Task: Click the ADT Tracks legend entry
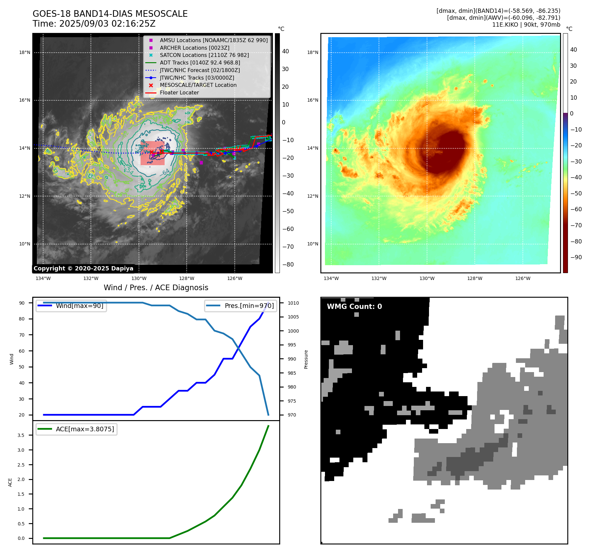pyautogui.click(x=200, y=63)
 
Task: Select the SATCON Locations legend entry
pyautogui.click(x=204, y=55)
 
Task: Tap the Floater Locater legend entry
pyautogui.click(x=179, y=92)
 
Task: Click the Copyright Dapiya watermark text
pyautogui.click(x=83, y=268)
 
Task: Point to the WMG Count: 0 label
pyautogui.click(x=354, y=307)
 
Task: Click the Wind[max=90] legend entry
pyautogui.click(x=79, y=306)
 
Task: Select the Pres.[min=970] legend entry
pyautogui.click(x=249, y=306)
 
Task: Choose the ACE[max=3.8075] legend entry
pyautogui.click(x=85, y=429)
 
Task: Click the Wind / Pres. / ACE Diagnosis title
pyautogui.click(x=156, y=288)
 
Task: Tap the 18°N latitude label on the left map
pyautogui.click(x=24, y=52)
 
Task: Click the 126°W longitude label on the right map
pyautogui.click(x=523, y=278)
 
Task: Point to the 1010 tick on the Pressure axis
pyautogui.click(x=293, y=303)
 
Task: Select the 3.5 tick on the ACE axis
pyautogui.click(x=21, y=435)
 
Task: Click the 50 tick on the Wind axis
pyautogui.click(x=22, y=367)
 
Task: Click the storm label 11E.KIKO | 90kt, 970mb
pyautogui.click(x=526, y=25)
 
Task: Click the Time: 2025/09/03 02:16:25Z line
pyautogui.click(x=94, y=24)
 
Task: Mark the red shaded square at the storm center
pyautogui.click(x=152, y=153)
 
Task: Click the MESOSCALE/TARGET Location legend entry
pyautogui.click(x=198, y=85)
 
